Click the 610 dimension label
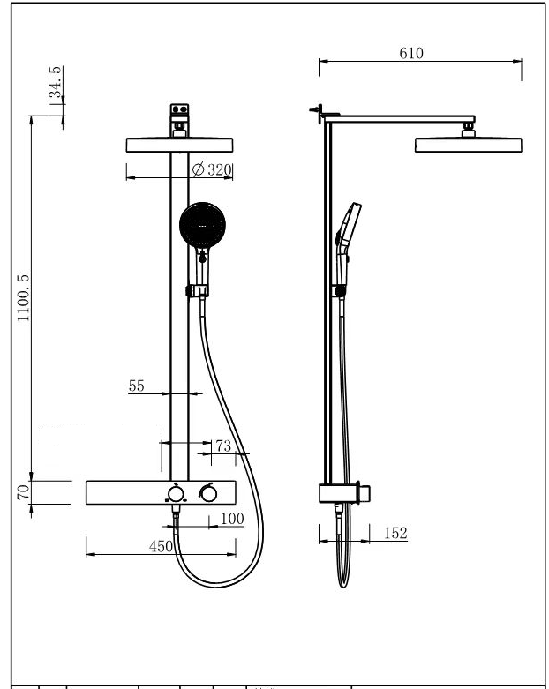point(411,53)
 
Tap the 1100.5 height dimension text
point(23,297)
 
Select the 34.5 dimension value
point(56,82)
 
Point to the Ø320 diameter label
point(212,169)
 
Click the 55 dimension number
point(136,386)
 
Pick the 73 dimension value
point(223,446)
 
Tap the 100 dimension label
point(232,519)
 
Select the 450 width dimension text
point(161,546)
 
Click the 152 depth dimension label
point(395,533)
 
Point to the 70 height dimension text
point(23,491)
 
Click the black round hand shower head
point(203,225)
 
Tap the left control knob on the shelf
point(176,494)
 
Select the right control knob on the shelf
point(208,493)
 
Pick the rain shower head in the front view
point(179,145)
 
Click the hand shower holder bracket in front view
point(197,290)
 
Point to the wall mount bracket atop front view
point(179,120)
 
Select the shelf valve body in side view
point(344,493)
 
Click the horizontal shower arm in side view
point(398,119)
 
